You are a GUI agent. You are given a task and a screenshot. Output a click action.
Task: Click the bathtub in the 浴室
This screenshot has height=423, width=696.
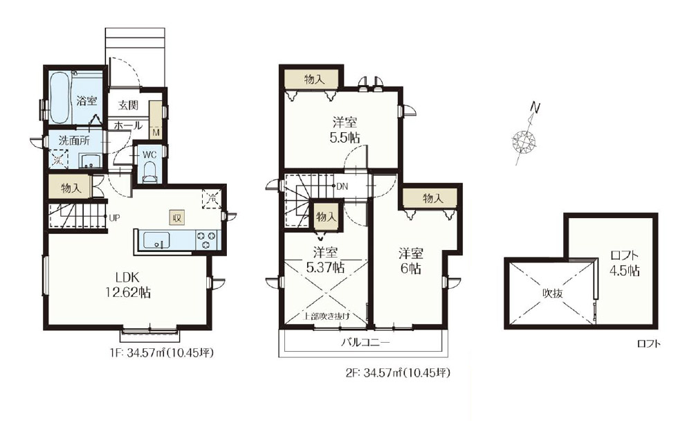coord(59,98)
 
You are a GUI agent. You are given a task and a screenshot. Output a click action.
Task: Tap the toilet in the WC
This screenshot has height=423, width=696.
coord(150,172)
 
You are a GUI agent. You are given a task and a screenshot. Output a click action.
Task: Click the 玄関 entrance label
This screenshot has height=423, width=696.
coord(128,105)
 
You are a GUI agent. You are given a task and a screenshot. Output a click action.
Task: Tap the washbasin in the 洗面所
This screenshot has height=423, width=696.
coord(90,161)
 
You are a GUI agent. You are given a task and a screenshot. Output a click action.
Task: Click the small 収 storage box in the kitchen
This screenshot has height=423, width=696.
coord(176,217)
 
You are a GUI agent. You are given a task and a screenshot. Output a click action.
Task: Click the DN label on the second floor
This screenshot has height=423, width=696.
coord(342,187)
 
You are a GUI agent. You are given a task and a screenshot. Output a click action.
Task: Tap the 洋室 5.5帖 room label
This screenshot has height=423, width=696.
coord(345,129)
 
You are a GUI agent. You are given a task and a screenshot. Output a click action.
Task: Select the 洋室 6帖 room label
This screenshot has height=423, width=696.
coord(411,261)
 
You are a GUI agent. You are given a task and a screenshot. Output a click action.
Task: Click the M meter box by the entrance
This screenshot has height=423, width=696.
coord(156,132)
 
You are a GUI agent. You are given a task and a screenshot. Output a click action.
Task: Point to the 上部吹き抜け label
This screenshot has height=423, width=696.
coord(327,316)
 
